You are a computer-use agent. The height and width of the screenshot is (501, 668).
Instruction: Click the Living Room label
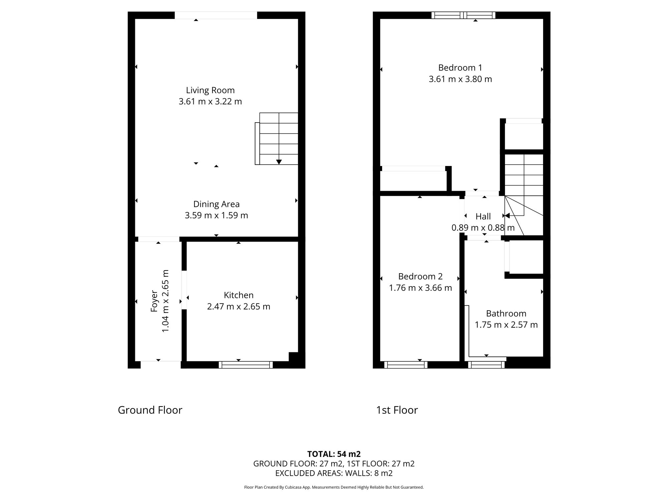(x=210, y=90)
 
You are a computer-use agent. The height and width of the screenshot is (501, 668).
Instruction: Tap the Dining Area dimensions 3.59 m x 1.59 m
(x=216, y=215)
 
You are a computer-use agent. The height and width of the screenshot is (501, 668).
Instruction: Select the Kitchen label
(x=238, y=295)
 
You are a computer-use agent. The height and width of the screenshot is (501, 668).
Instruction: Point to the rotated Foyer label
(x=154, y=301)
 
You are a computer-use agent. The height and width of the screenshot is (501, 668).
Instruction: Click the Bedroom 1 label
(x=460, y=68)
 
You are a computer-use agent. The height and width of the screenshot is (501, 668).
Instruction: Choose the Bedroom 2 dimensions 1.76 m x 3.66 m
(x=420, y=288)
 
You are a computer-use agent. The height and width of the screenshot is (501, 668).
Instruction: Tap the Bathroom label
(x=506, y=314)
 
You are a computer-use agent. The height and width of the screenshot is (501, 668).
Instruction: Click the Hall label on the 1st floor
(x=483, y=216)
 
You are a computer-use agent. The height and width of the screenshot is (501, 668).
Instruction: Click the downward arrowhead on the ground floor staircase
(x=279, y=162)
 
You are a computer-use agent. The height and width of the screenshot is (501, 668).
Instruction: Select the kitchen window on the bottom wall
(x=246, y=365)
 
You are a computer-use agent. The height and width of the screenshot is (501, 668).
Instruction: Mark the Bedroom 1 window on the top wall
(x=463, y=15)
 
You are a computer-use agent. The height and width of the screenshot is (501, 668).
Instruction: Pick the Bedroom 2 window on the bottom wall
(x=406, y=365)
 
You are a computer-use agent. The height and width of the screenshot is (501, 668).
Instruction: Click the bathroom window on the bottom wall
(x=486, y=365)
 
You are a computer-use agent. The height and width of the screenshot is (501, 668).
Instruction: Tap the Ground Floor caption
(x=150, y=410)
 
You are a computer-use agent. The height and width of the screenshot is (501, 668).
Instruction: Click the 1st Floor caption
(x=397, y=410)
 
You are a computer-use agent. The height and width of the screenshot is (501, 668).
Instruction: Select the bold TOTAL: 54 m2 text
(x=334, y=454)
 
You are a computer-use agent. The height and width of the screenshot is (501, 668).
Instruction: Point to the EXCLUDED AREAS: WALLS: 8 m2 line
(x=334, y=473)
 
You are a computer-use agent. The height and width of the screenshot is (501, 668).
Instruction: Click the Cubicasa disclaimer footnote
(x=334, y=487)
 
